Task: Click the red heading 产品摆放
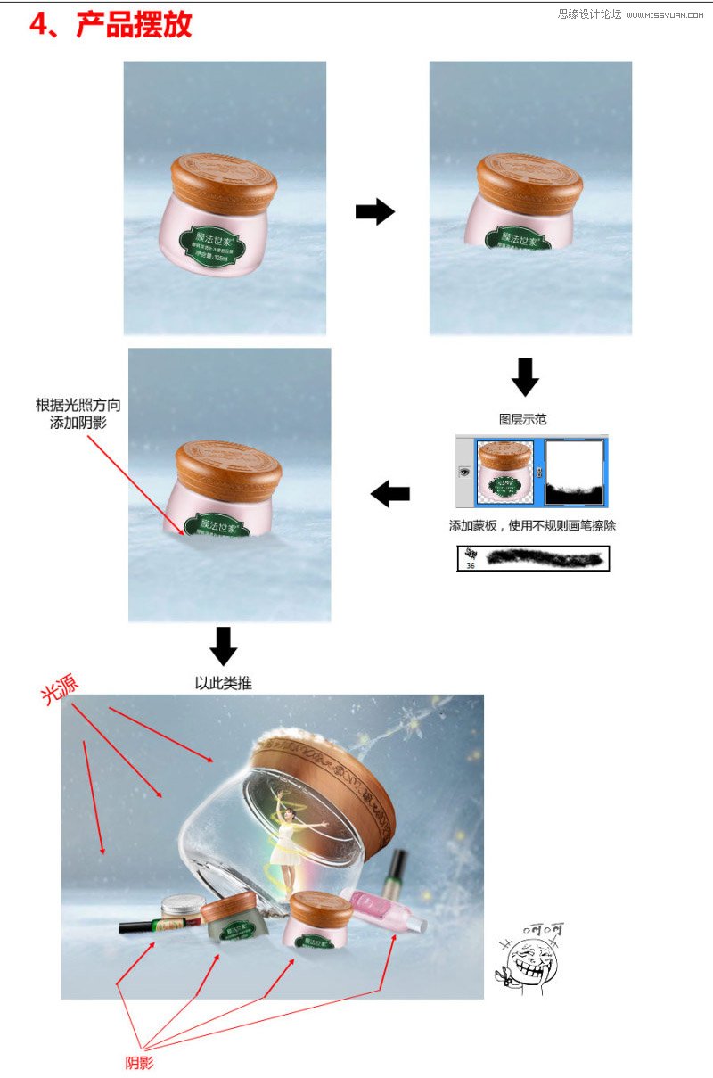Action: pyautogui.click(x=134, y=25)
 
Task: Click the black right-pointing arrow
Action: pyautogui.click(x=374, y=212)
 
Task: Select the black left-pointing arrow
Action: pyautogui.click(x=390, y=494)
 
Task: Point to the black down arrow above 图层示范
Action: pyautogui.click(x=525, y=376)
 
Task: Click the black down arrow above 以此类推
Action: pyautogui.click(x=223, y=646)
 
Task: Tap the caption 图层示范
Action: pyautogui.click(x=523, y=418)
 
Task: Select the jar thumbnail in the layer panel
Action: pyautogui.click(x=505, y=473)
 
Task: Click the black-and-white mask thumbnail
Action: pyautogui.click(x=574, y=473)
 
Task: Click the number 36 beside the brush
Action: pyautogui.click(x=470, y=565)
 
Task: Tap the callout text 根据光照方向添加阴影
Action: pyautogui.click(x=78, y=414)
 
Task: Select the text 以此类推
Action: pyautogui.click(x=223, y=683)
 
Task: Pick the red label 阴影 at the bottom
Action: pyautogui.click(x=139, y=1063)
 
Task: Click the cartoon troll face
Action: pyautogui.click(x=529, y=960)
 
